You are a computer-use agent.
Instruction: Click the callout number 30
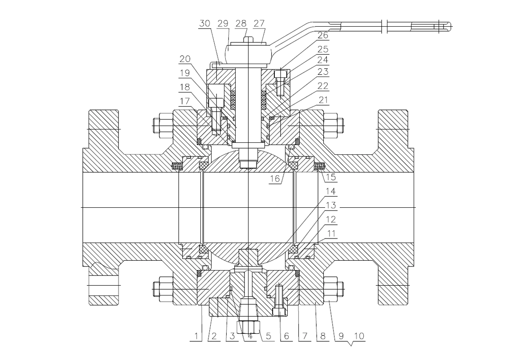(204, 23)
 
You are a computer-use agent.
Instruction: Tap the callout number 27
(259, 23)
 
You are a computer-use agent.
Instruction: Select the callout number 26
(322, 35)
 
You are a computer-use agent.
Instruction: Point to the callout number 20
(185, 59)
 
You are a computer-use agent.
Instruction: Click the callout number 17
(185, 101)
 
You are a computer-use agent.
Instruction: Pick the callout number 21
(323, 100)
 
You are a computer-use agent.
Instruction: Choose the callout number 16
(275, 178)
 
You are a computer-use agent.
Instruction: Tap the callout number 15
(331, 177)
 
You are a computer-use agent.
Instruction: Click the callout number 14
(331, 191)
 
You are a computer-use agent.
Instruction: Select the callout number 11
(331, 234)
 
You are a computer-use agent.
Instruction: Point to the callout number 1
(196, 336)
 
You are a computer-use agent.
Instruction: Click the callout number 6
(287, 336)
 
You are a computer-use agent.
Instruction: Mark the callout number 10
(359, 336)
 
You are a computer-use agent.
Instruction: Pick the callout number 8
(323, 336)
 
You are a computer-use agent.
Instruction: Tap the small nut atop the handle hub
(248, 40)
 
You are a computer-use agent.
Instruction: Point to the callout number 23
(323, 72)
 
